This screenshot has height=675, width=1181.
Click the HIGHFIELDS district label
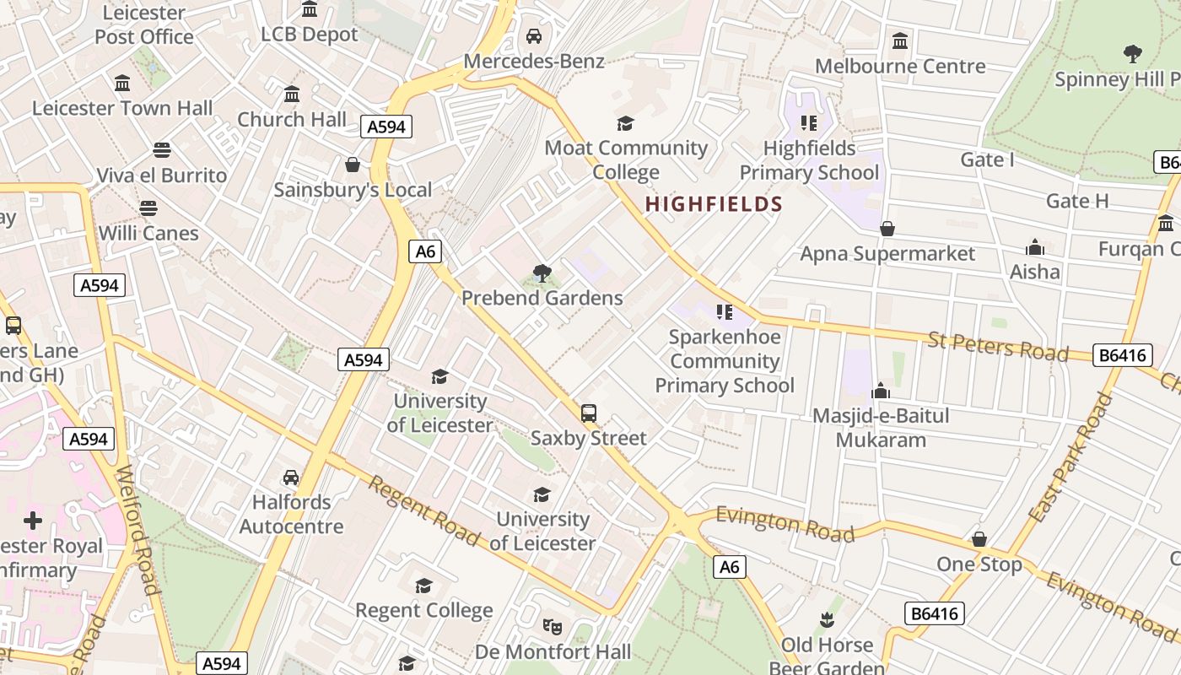[x=714, y=204]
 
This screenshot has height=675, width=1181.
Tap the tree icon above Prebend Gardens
[x=542, y=273]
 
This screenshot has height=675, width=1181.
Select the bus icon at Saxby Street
[x=589, y=413]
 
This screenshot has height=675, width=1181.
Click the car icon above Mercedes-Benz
[x=534, y=36]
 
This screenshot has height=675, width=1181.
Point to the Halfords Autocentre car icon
[x=291, y=478]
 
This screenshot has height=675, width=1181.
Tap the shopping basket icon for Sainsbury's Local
[x=353, y=165]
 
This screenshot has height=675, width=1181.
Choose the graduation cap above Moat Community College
[x=625, y=124]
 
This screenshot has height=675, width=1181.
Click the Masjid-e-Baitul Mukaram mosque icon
[x=881, y=391]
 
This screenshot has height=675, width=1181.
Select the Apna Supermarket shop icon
[x=887, y=229]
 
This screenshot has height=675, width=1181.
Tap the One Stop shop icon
[x=979, y=539]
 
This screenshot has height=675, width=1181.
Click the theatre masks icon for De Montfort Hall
[x=553, y=626]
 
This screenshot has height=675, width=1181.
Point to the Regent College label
[x=423, y=610]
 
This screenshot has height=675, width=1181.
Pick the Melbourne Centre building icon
[x=900, y=40]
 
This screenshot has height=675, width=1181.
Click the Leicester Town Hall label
[x=122, y=108]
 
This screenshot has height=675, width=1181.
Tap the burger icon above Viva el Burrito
[x=162, y=150]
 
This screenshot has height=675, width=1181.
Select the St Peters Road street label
[x=998, y=346]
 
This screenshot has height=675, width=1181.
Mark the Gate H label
[x=1077, y=201]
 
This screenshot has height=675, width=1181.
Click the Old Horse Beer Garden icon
[x=827, y=620]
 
